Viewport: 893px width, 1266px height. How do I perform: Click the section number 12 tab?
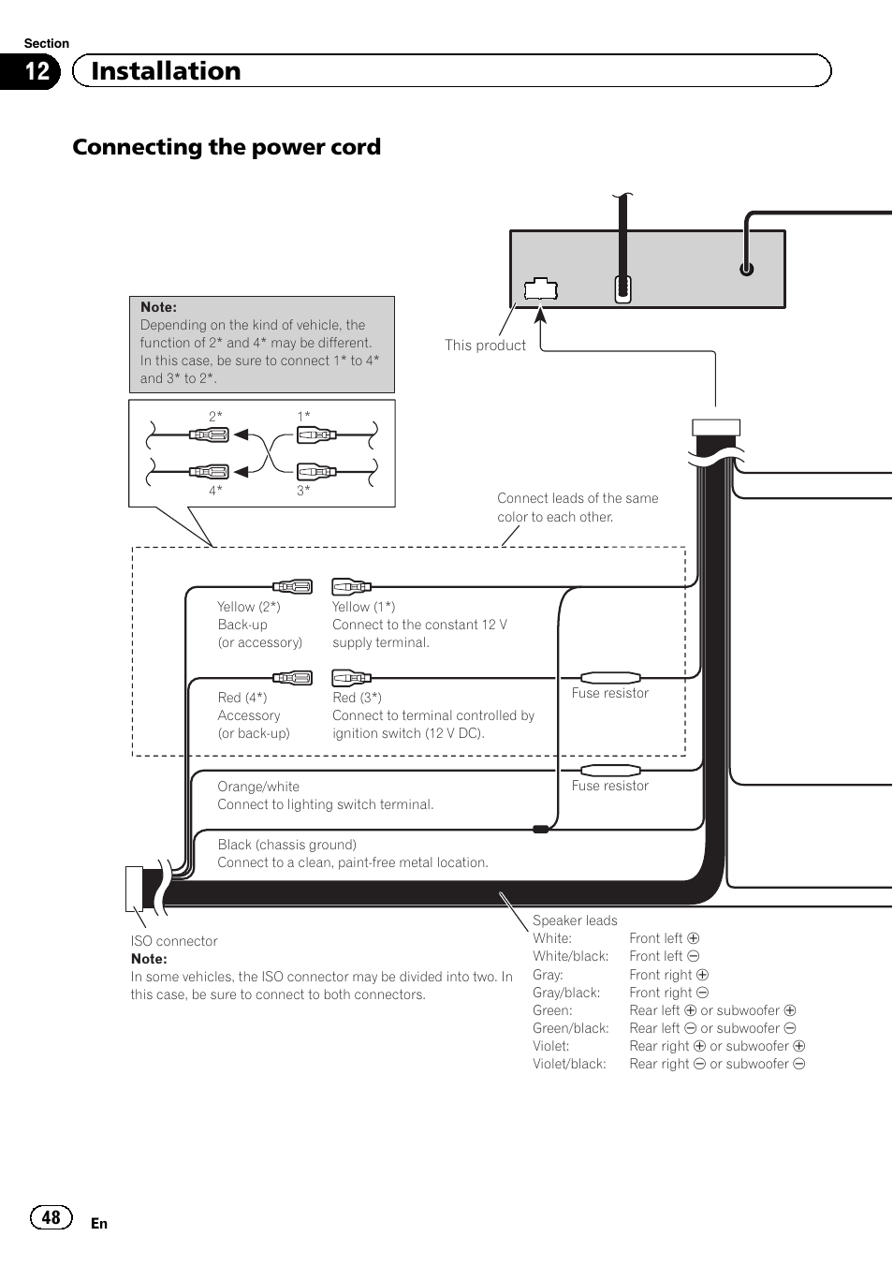tap(36, 71)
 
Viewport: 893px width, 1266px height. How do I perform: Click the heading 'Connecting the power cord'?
tap(227, 147)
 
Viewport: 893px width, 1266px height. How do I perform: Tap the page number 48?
tap(51, 1217)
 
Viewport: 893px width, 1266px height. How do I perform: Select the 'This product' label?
tap(485, 346)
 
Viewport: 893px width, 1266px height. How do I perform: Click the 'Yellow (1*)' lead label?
tap(363, 607)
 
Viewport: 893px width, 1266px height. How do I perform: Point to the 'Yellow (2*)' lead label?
tap(248, 607)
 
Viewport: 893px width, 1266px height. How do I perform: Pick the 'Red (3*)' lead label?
tap(357, 698)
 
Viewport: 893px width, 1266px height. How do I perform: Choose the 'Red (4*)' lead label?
tap(242, 698)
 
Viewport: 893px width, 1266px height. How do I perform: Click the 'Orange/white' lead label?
tap(258, 787)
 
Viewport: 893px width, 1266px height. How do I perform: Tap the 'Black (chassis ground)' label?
tap(286, 845)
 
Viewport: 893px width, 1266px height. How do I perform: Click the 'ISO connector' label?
tap(174, 941)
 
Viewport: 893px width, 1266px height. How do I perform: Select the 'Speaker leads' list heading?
tap(575, 920)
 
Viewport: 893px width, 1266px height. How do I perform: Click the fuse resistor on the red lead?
tap(610, 677)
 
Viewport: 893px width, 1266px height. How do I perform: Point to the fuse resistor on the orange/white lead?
tap(610, 770)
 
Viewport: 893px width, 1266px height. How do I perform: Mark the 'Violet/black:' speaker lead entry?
tap(569, 1064)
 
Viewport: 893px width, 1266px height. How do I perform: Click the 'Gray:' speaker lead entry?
tap(548, 975)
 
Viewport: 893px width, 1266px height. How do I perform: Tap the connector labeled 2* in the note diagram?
tap(210, 434)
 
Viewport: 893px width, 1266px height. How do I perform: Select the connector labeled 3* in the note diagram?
tap(316, 471)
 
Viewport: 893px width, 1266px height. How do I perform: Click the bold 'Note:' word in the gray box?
tap(158, 307)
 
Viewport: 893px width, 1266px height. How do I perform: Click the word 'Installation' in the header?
tap(166, 71)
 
